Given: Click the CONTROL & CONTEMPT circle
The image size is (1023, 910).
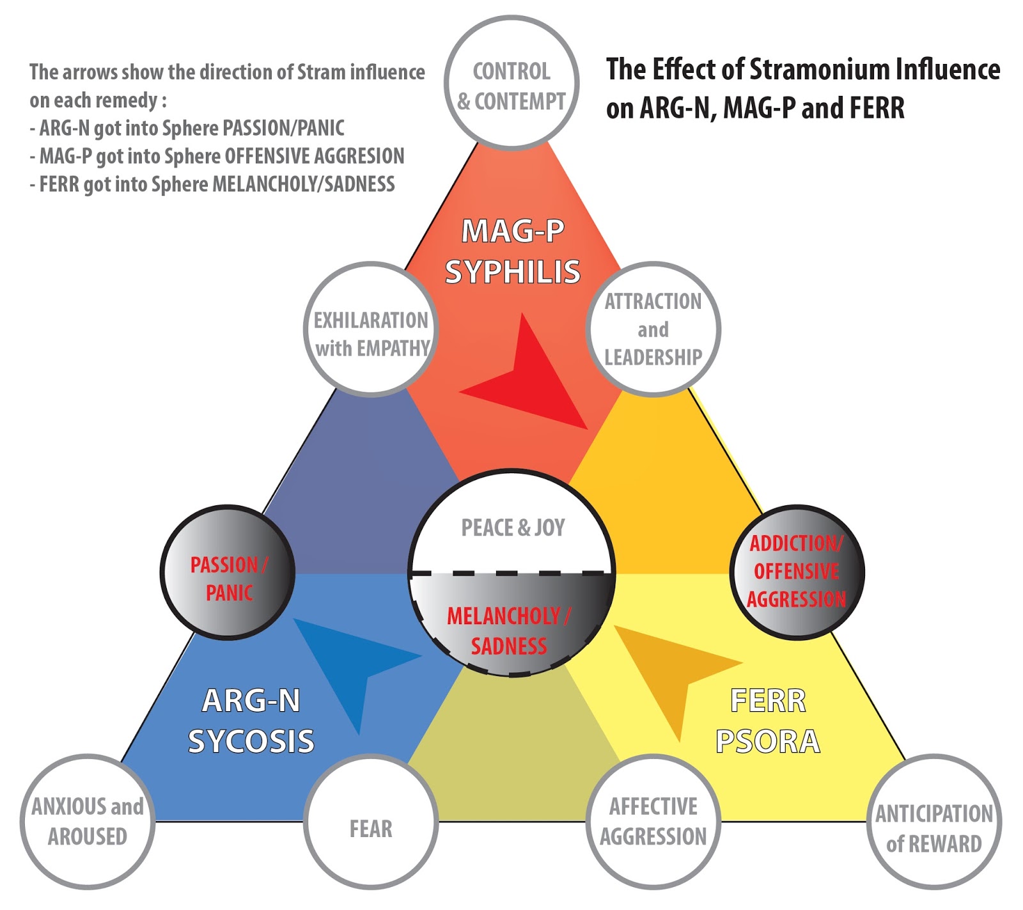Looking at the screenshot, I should (x=511, y=83).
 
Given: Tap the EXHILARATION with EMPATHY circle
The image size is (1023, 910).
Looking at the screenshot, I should (x=371, y=329).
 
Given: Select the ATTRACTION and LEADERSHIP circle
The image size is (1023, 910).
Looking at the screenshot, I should (x=653, y=329).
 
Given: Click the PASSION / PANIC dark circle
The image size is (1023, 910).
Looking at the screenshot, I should (x=228, y=572).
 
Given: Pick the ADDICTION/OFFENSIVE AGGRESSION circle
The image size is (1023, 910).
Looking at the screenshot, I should (x=797, y=572).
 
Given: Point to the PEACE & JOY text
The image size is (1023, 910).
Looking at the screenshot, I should (x=513, y=528).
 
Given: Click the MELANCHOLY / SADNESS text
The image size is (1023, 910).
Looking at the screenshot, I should (x=509, y=631).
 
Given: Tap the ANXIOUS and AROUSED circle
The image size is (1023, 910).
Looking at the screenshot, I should (x=88, y=821).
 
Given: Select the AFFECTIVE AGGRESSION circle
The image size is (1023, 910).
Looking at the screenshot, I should (x=653, y=821).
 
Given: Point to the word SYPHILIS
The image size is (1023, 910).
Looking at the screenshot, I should (x=513, y=272).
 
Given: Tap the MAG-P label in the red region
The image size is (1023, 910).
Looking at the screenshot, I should (x=513, y=231).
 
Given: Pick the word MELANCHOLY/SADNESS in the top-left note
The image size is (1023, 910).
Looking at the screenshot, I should (x=303, y=184).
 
